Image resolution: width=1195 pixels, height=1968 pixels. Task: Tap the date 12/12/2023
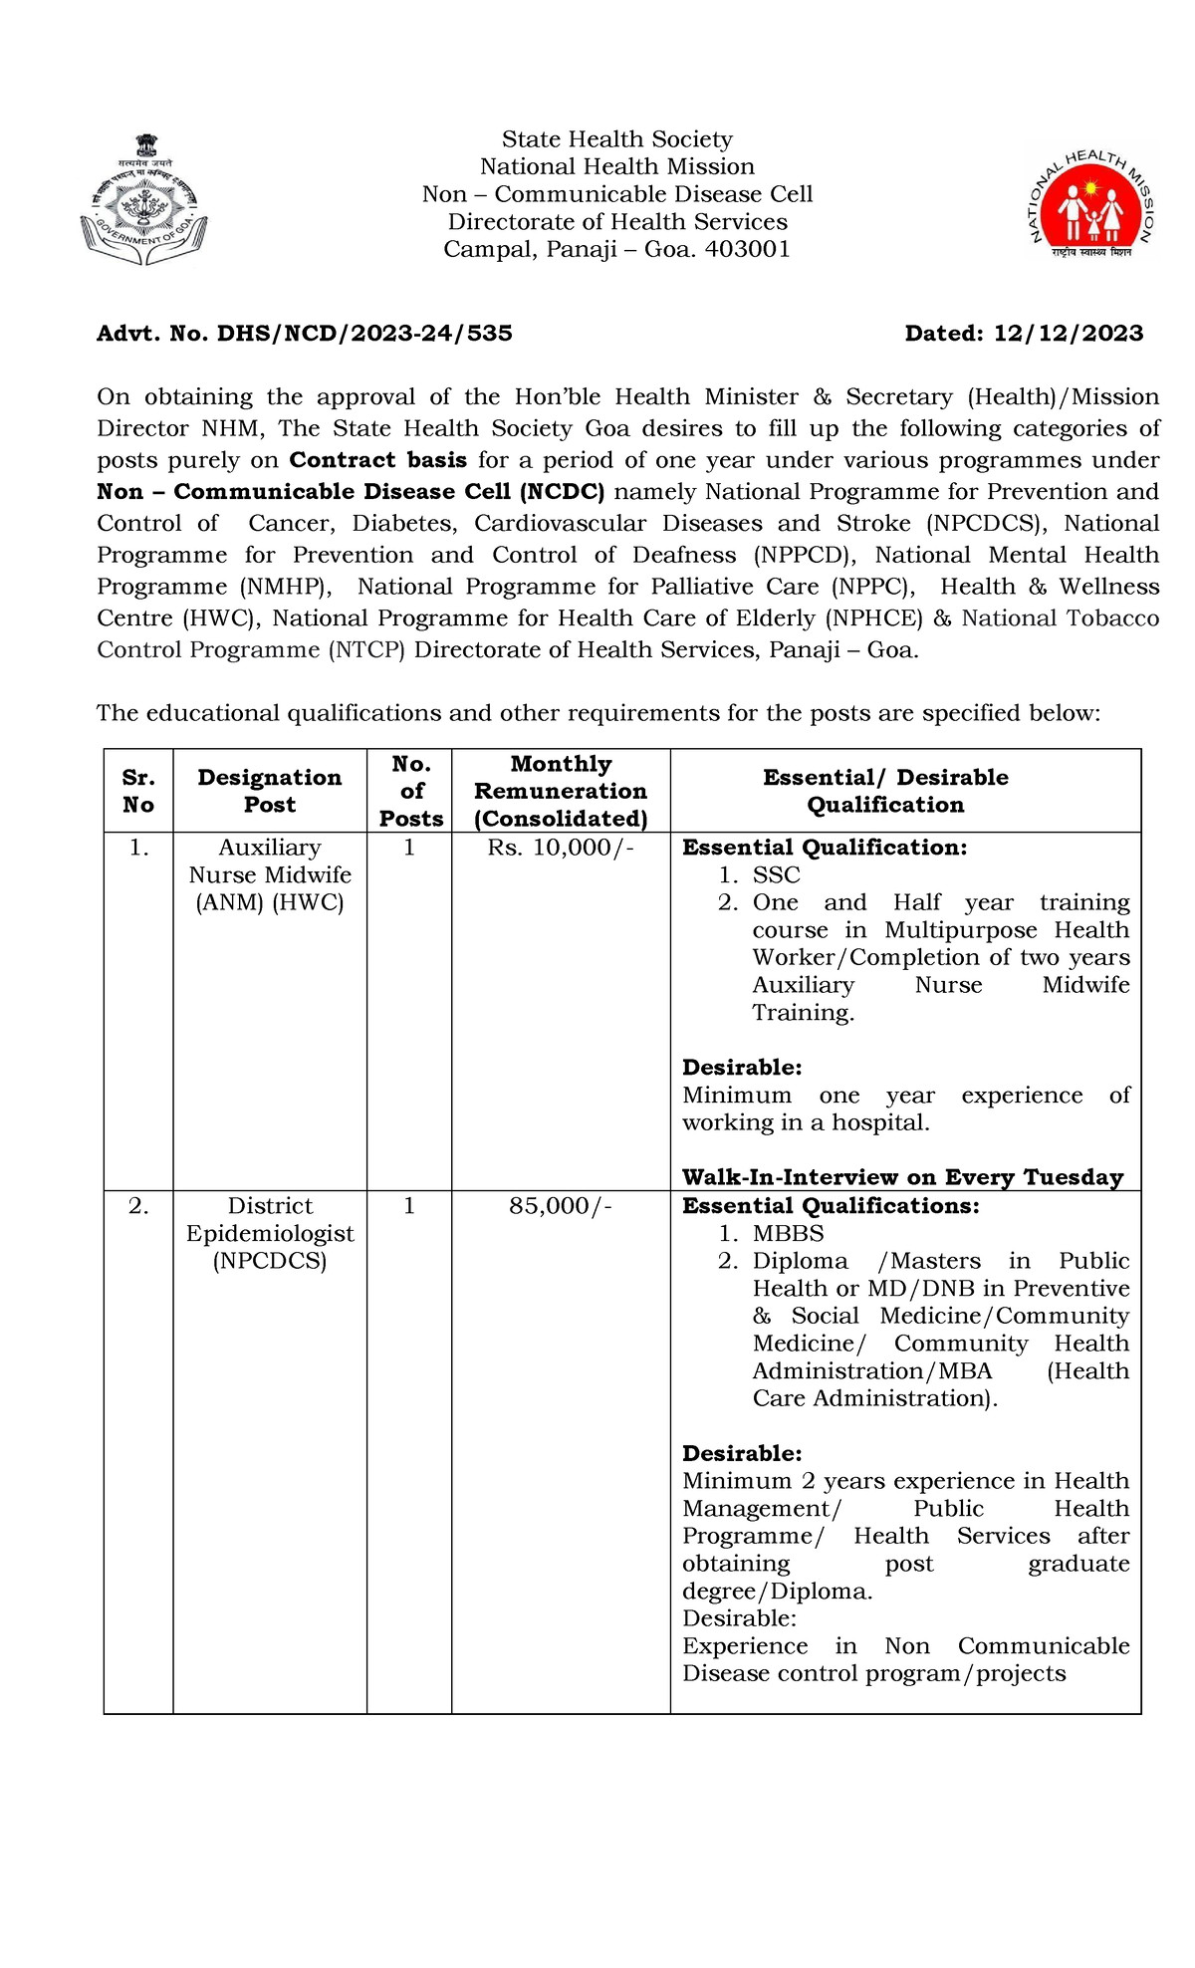click(x=1069, y=334)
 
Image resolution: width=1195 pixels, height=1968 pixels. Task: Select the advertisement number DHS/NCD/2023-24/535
click(x=364, y=334)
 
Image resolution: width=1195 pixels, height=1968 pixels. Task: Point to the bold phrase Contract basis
click(x=377, y=460)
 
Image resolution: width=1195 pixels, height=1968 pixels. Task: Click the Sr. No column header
click(x=138, y=791)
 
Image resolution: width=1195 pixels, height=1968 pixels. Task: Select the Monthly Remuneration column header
click(x=561, y=791)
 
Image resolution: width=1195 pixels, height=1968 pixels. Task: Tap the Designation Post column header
click(x=270, y=791)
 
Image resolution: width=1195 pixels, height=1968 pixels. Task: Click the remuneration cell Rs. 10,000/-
click(x=561, y=848)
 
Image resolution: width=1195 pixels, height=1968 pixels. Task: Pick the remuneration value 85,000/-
click(x=561, y=1206)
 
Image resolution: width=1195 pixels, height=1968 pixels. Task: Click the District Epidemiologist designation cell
click(x=270, y=1233)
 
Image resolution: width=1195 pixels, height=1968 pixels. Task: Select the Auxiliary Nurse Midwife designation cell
click(x=270, y=874)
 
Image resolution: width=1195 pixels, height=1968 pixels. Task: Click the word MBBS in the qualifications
click(x=788, y=1233)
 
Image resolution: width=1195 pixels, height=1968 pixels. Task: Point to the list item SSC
click(x=776, y=874)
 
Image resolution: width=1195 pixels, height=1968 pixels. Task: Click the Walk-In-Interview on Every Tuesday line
click(x=902, y=1177)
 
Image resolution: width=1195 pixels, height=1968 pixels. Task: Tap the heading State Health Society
click(x=616, y=139)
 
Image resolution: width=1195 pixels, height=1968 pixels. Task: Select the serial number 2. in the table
click(x=138, y=1206)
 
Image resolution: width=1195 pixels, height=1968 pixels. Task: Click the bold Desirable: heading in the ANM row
click(x=742, y=1068)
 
